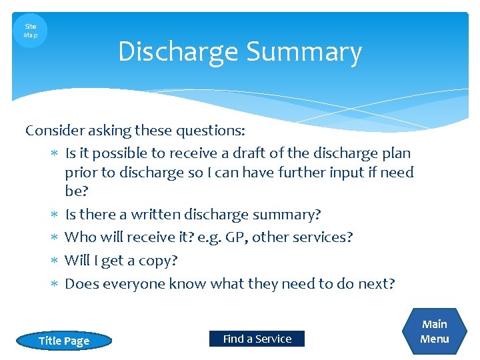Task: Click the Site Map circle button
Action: pyautogui.click(x=30, y=31)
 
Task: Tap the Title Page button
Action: pyautogui.click(x=64, y=341)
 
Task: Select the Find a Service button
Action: pyautogui.click(x=257, y=339)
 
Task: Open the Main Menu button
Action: pyautogui.click(x=435, y=331)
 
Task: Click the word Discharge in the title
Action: pyautogui.click(x=178, y=53)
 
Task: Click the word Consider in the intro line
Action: pyautogui.click(x=53, y=130)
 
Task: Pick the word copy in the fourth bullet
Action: pyautogui.click(x=156, y=261)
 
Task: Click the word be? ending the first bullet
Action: pyautogui.click(x=76, y=191)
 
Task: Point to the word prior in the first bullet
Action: pyautogui.click(x=81, y=173)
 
